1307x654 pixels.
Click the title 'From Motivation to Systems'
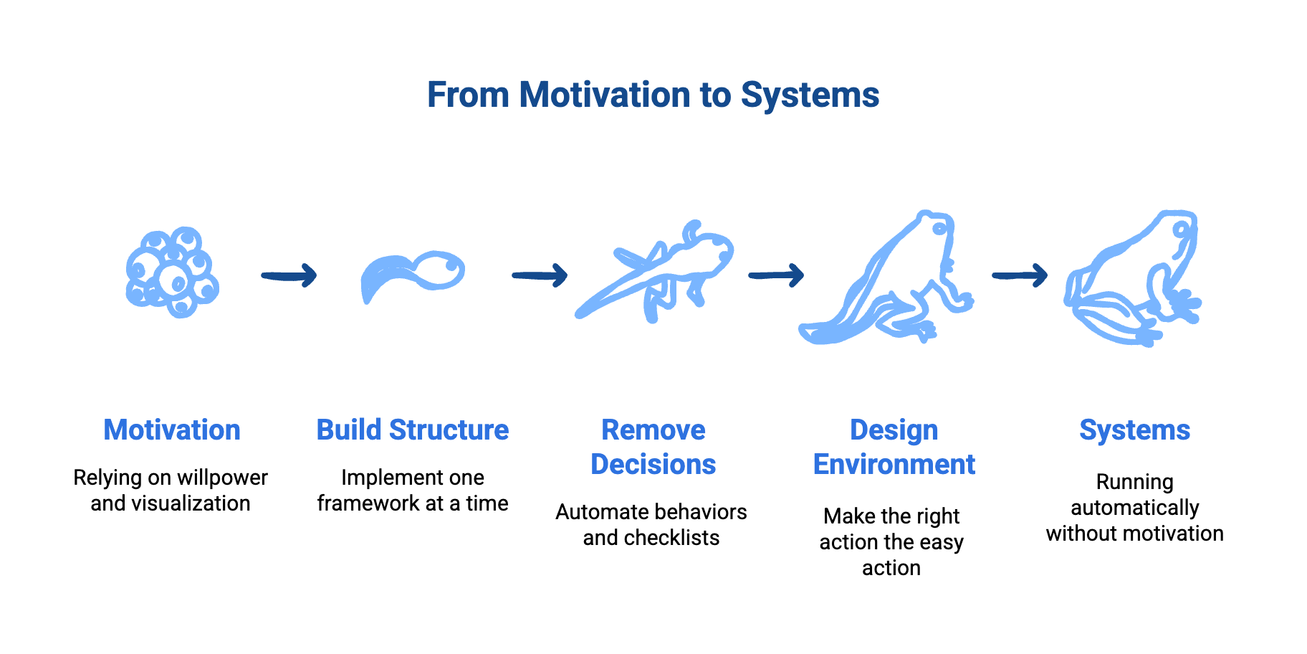tap(653, 95)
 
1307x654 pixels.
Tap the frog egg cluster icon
tap(172, 273)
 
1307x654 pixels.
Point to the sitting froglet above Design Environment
tap(889, 280)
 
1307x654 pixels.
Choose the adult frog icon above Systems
tap(1132, 280)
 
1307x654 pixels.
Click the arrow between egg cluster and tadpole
tap(289, 275)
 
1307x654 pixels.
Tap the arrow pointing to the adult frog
tap(1020, 275)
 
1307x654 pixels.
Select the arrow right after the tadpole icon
tap(540, 275)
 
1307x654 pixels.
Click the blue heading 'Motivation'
tap(172, 430)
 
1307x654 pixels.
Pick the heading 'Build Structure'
tap(413, 430)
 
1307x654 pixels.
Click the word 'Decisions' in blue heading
tap(653, 465)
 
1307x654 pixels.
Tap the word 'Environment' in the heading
tap(894, 465)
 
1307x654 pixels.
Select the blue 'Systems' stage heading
tap(1135, 430)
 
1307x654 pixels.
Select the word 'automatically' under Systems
tap(1135, 508)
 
